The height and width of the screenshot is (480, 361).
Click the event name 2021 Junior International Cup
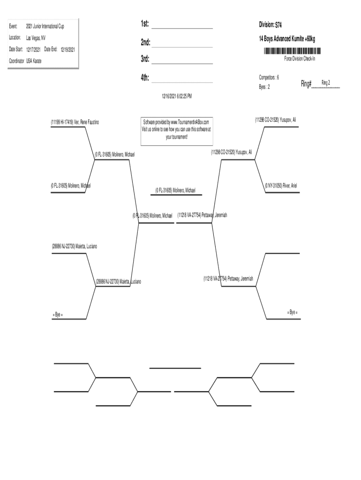tap(45, 26)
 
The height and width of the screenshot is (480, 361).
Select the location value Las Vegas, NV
tap(36, 37)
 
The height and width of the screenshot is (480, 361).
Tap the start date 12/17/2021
tap(33, 49)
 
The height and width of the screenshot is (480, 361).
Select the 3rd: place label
tap(145, 59)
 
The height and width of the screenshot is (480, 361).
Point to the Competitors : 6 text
tap(269, 77)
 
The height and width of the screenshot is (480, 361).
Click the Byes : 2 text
tap(264, 87)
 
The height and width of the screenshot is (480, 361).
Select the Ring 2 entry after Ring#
tap(325, 83)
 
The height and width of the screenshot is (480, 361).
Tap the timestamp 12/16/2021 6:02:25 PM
tap(177, 96)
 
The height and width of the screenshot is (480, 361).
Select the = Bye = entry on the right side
tap(292, 312)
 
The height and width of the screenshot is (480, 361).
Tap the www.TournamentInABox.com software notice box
tap(177, 129)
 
